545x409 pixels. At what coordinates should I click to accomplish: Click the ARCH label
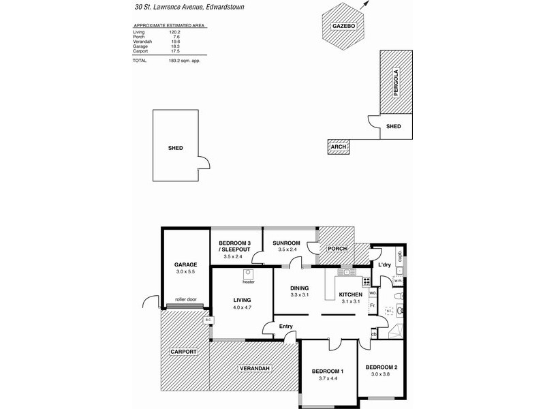(x=338, y=147)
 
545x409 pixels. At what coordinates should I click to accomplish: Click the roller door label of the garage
(x=185, y=299)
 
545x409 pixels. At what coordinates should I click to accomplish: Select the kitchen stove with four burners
(x=367, y=280)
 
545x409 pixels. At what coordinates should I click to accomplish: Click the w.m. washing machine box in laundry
(x=398, y=278)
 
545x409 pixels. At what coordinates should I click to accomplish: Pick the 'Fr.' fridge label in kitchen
(x=372, y=305)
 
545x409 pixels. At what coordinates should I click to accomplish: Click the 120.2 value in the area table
(x=175, y=32)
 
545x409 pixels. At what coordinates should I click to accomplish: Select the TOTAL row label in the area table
(x=140, y=61)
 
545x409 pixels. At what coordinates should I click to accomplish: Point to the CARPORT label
(x=183, y=352)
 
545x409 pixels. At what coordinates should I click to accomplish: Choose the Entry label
(x=286, y=327)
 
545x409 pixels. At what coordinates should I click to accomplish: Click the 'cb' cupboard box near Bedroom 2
(x=374, y=334)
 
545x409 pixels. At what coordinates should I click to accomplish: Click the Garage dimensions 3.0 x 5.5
(x=185, y=272)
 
